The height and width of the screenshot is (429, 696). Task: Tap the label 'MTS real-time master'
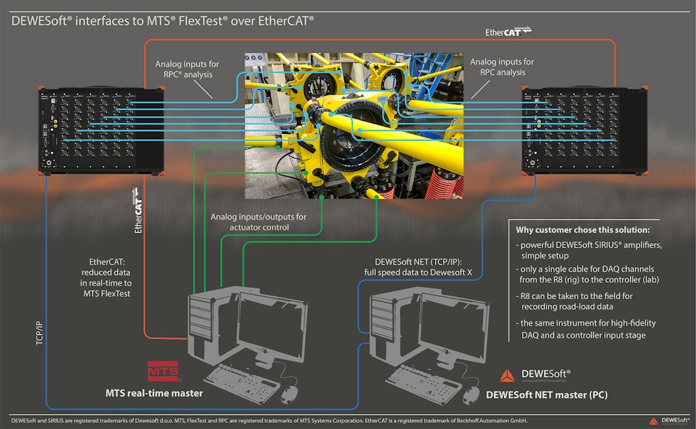point(154,393)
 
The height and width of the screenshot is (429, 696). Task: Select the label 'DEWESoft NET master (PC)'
point(546,394)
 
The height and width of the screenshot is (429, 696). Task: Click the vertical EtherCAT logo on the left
point(139,210)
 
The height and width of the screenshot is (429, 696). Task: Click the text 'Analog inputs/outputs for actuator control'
point(258,222)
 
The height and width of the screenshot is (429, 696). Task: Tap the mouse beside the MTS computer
point(290,392)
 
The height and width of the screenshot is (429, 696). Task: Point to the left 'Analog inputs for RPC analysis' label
point(187,69)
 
